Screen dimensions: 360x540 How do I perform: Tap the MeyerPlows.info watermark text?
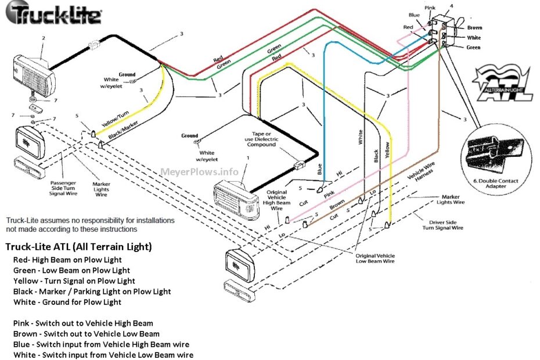pyautogui.click(x=199, y=172)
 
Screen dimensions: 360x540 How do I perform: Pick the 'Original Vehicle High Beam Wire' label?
pyautogui.click(x=276, y=199)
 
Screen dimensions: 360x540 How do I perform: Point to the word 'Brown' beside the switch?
pyautogui.click(x=474, y=27)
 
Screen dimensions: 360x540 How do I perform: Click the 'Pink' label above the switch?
pyautogui.click(x=430, y=8)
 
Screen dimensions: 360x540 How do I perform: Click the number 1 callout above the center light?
pyautogui.click(x=248, y=157)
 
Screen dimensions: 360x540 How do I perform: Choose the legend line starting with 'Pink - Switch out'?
pyautogui.click(x=83, y=323)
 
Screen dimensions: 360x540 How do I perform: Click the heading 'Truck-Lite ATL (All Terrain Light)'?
pyautogui.click(x=78, y=247)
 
